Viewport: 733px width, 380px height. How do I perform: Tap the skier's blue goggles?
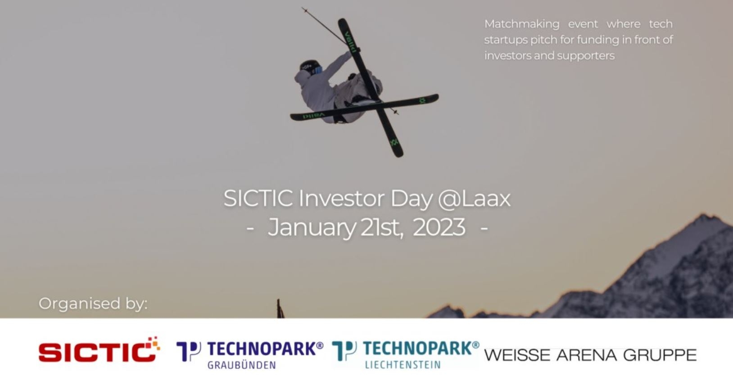pos(317,70)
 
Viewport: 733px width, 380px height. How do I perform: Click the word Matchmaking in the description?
pos(522,24)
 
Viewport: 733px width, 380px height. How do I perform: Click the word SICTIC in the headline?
pos(258,199)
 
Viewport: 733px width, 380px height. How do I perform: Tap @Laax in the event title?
pos(474,199)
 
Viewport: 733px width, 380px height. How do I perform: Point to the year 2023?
pos(439,227)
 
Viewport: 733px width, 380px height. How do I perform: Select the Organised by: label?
pos(93,304)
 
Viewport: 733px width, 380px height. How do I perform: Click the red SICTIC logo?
pos(99,350)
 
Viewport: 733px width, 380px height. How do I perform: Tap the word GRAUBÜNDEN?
pos(242,365)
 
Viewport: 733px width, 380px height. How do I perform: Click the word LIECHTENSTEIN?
pos(403,365)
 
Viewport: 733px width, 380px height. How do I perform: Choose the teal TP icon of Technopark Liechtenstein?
pos(344,350)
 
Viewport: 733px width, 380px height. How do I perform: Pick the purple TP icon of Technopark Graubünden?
pos(189,351)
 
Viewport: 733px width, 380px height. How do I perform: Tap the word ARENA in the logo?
pos(587,355)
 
